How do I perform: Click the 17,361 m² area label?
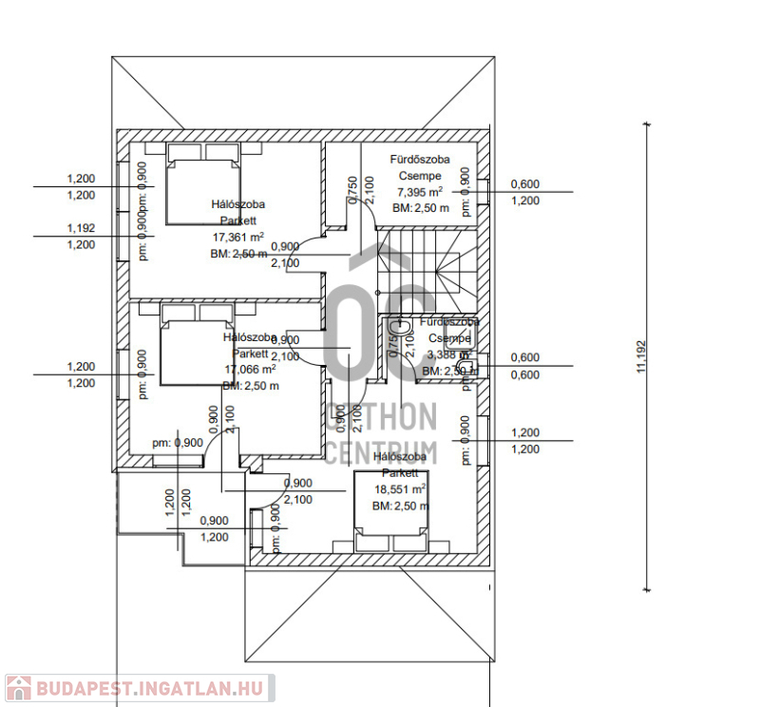(x=237, y=237)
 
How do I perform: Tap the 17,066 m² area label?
(x=250, y=370)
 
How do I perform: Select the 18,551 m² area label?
(x=399, y=489)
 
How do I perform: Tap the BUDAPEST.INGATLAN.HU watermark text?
(x=153, y=689)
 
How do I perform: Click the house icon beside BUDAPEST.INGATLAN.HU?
(x=19, y=689)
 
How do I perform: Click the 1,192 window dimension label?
(x=81, y=228)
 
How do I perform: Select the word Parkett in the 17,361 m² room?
(x=237, y=220)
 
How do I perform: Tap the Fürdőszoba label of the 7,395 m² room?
(x=420, y=160)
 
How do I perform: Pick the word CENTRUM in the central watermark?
(x=381, y=450)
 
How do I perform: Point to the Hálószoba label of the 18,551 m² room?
(x=399, y=457)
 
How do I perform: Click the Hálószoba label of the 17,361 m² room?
(x=237, y=204)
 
